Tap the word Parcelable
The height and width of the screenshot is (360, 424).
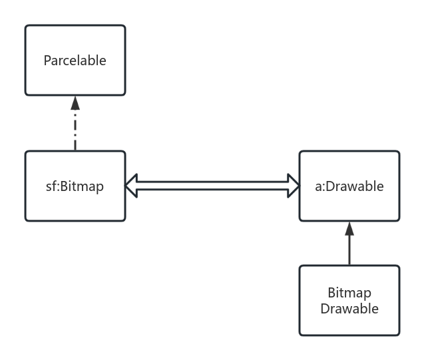click(x=75, y=61)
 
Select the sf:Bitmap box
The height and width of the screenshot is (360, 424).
click(x=75, y=204)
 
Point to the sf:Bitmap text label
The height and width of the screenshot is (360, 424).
click(x=75, y=186)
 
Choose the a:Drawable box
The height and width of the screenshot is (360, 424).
click(x=349, y=204)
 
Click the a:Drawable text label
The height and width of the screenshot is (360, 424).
click(x=349, y=186)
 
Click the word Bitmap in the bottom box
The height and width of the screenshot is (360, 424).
click(x=349, y=293)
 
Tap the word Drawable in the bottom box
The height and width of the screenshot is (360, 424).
click(x=349, y=308)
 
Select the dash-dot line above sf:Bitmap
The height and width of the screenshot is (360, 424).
click(x=75, y=130)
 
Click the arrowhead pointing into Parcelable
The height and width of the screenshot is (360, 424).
click(x=75, y=102)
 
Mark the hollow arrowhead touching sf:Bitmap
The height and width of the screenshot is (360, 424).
click(x=132, y=186)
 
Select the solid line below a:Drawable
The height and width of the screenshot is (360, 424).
click(x=349, y=250)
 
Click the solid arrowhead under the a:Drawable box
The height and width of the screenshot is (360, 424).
click(x=349, y=229)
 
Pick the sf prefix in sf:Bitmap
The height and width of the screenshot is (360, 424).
click(x=51, y=186)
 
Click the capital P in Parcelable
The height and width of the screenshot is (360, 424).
click(x=47, y=61)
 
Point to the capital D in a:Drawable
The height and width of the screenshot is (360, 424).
click(x=327, y=186)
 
